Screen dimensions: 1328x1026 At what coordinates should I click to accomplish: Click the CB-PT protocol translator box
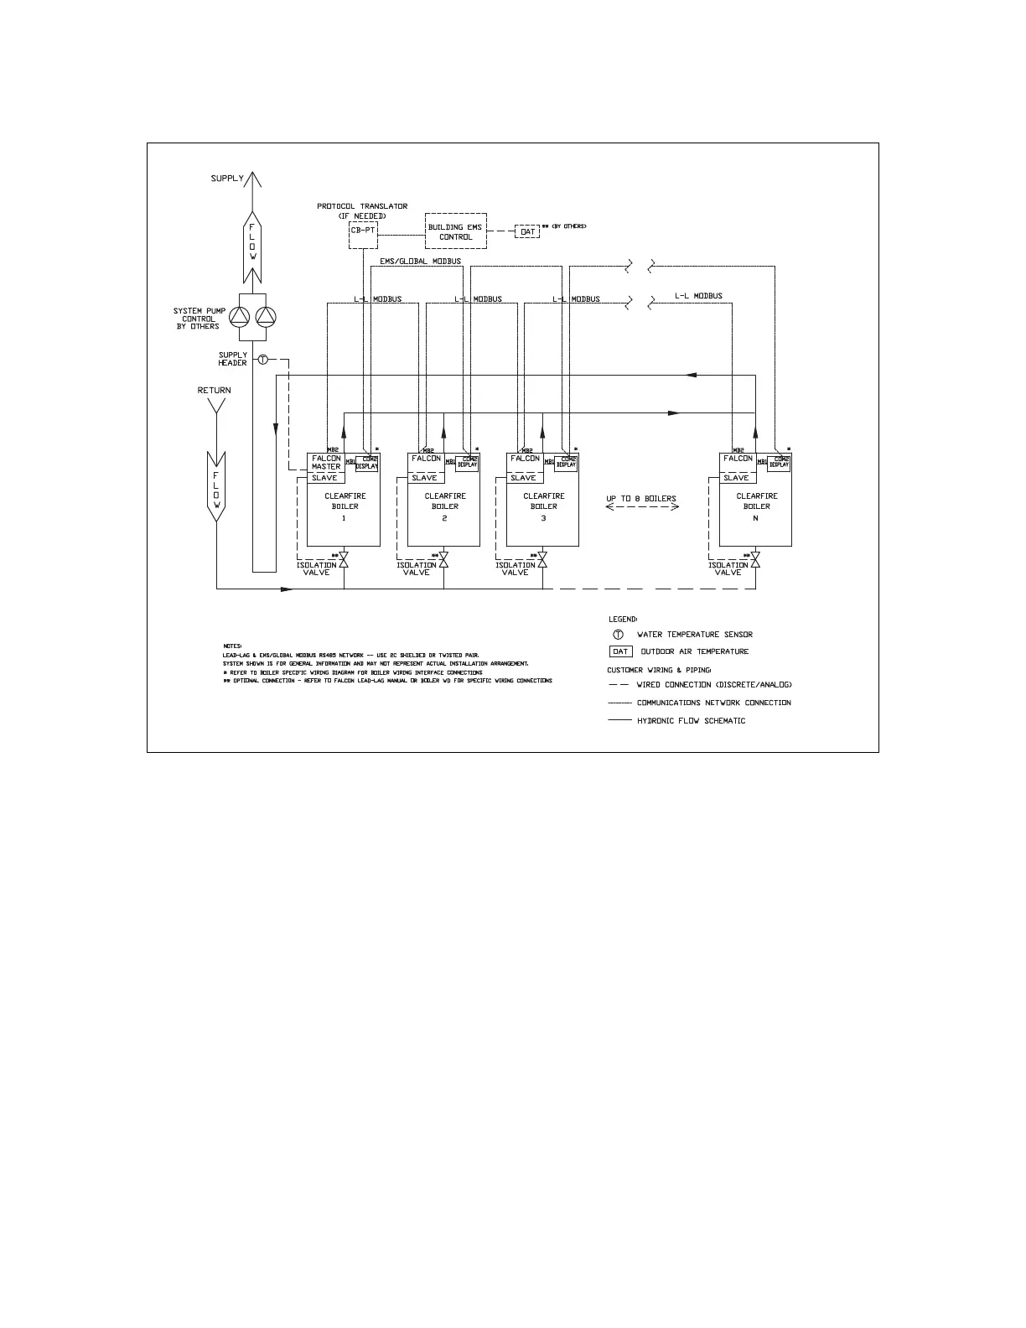point(363,231)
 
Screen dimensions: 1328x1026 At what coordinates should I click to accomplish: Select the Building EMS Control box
point(455,232)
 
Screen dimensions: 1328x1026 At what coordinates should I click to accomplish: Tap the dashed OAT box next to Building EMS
point(527,231)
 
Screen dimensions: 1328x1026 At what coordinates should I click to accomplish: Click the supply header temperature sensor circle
point(262,360)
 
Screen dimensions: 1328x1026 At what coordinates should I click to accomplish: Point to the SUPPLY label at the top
point(227,179)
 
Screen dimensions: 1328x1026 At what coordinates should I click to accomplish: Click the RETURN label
point(214,391)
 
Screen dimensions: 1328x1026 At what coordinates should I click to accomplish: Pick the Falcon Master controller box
point(326,463)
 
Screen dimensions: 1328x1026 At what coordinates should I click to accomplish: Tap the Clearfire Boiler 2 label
point(445,506)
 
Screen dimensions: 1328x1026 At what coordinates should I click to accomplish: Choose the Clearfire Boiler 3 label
point(544,506)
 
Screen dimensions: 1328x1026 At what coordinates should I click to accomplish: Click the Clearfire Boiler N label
point(757,506)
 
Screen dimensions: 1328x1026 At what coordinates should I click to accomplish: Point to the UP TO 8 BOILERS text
point(641,499)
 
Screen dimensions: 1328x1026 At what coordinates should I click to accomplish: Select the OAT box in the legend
point(620,651)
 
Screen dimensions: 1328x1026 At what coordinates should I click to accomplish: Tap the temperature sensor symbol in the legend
point(619,635)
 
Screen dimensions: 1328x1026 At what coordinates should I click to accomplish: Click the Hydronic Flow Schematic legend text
point(691,721)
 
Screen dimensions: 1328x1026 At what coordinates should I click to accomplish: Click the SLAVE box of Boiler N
point(736,478)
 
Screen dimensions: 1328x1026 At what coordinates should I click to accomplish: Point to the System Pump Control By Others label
point(199,319)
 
